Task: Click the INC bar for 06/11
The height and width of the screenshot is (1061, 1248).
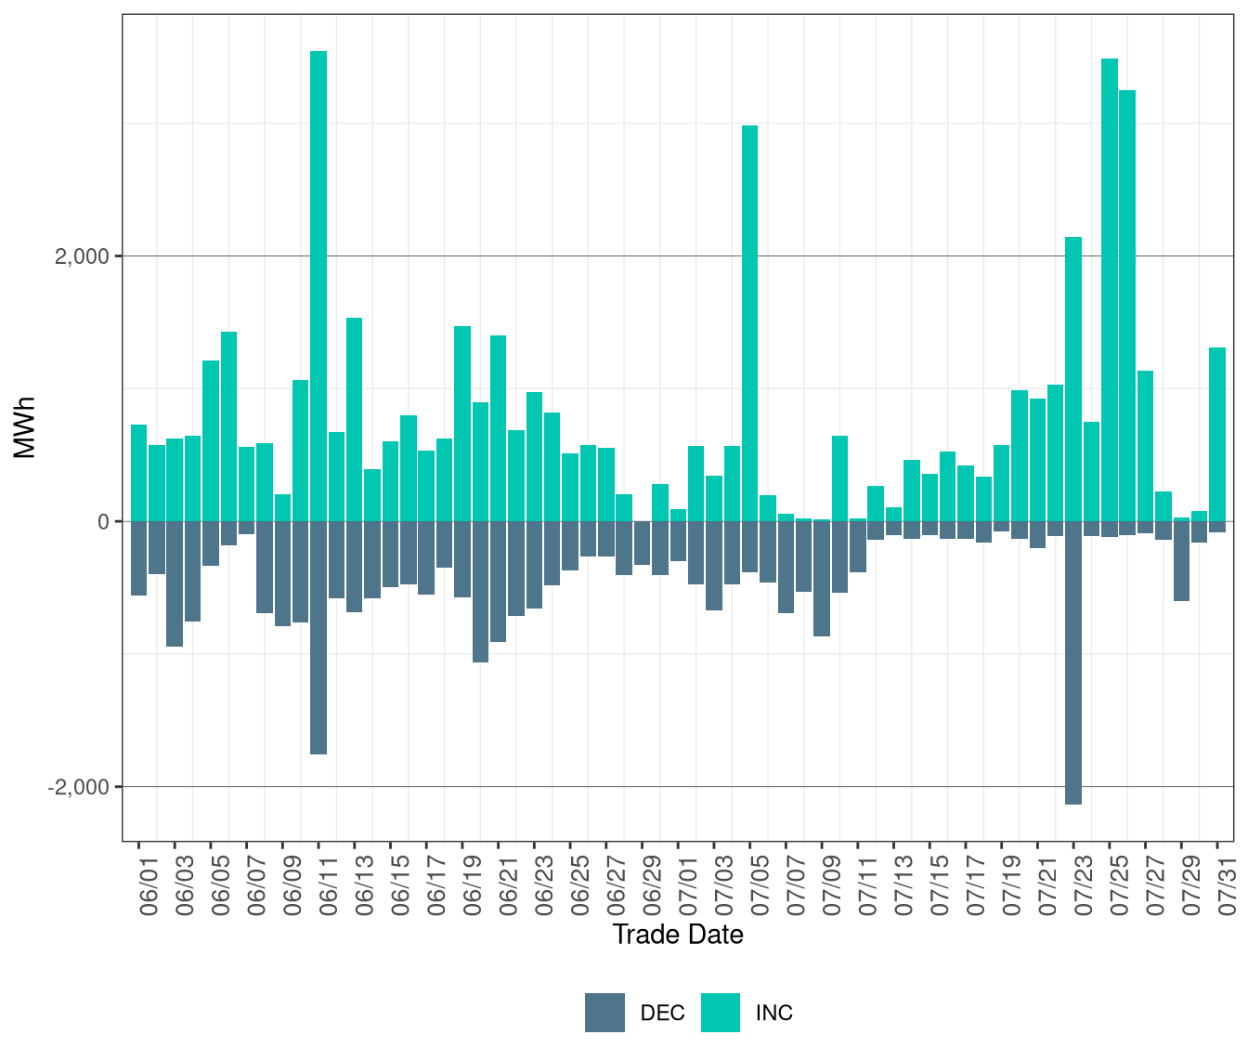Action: pos(318,279)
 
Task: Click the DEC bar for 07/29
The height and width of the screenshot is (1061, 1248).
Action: pos(1181,561)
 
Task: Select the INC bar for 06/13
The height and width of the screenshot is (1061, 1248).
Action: pos(354,418)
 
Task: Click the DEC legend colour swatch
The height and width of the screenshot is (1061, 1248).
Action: pos(604,1013)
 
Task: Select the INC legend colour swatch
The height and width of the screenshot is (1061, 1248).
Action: pos(721,1013)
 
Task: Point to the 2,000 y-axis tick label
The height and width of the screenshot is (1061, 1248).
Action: pos(82,256)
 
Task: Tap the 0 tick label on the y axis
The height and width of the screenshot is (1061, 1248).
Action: pos(103,522)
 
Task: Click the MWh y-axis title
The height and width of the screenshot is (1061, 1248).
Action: pos(25,427)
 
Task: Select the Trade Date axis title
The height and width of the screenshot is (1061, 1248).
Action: pos(678,935)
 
